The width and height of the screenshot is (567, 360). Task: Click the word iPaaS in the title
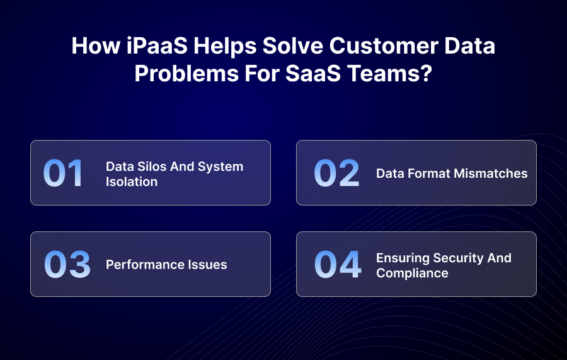[x=157, y=46]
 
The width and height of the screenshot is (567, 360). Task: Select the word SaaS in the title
[x=313, y=73]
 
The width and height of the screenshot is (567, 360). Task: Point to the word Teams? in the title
[x=390, y=73]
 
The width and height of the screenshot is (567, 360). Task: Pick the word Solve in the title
[x=293, y=46]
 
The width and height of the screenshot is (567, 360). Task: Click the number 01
[x=63, y=173]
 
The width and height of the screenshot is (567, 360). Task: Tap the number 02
[x=336, y=173]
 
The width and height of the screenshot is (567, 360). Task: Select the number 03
[x=67, y=264]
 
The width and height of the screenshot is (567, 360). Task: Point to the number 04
[x=338, y=264]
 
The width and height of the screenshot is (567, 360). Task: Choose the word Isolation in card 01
[x=132, y=182]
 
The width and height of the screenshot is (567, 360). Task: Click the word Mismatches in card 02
[x=491, y=173]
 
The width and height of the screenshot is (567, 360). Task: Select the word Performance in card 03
[x=140, y=265]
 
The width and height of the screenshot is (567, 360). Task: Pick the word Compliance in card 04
[x=412, y=273]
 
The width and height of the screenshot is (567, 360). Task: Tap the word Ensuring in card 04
[x=403, y=258]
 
